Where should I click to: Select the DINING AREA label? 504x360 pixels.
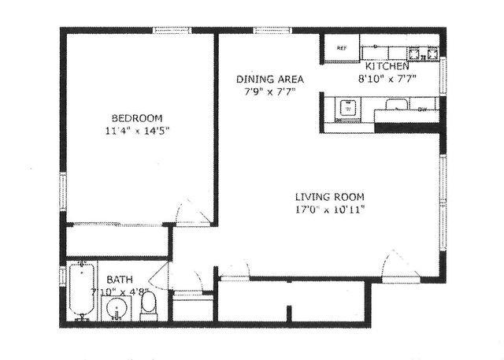click(270, 80)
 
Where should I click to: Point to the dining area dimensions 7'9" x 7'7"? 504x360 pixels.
click(270, 91)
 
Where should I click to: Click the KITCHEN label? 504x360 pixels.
click(386, 67)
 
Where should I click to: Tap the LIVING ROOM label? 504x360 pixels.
click(330, 197)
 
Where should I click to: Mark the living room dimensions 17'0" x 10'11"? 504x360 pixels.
click(330, 210)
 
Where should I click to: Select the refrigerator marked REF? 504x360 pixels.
click(342, 48)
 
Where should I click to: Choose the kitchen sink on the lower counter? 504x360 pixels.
click(346, 108)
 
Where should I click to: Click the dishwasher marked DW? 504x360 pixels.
click(422, 109)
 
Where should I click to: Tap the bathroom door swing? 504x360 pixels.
click(159, 276)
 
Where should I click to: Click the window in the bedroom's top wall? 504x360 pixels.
click(172, 30)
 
